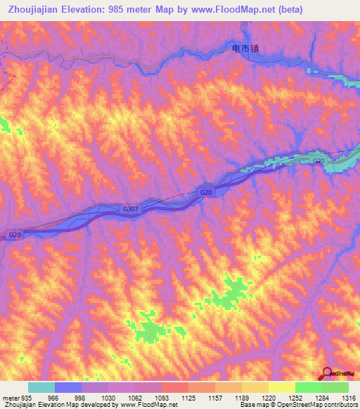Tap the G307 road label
[x=130, y=209]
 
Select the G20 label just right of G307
[x=206, y=192]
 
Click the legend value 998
[x=79, y=397]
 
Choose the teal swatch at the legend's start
[x=41, y=387]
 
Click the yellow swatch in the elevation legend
[x=282, y=387]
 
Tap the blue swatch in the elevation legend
[x=68, y=387]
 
